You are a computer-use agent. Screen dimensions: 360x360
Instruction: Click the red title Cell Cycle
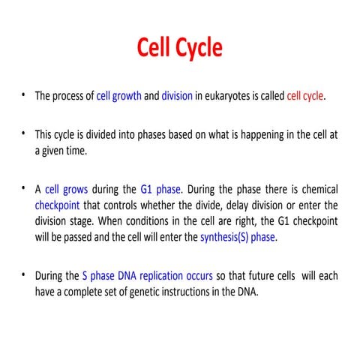tap(180, 47)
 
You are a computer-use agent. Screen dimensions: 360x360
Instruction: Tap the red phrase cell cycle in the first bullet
tap(305, 97)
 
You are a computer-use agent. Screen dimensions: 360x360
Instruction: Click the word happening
tap(240, 135)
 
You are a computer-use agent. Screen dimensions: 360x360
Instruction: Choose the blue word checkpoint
tap(61, 205)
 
